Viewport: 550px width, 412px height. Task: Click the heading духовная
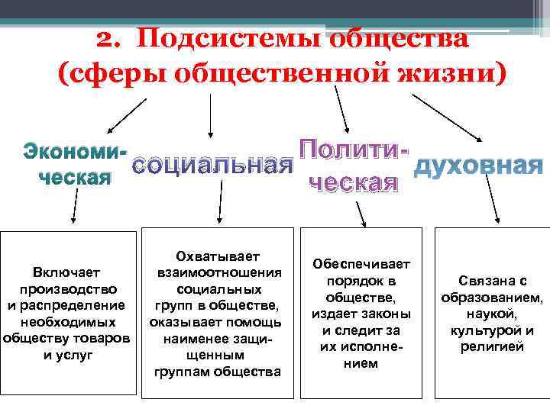point(477,165)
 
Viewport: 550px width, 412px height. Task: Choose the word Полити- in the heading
point(350,150)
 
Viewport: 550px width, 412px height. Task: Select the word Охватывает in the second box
point(218,256)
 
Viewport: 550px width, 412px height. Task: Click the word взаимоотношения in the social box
point(218,272)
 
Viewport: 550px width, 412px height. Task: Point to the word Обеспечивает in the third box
point(361,263)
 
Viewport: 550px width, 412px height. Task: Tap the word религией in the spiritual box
point(492,347)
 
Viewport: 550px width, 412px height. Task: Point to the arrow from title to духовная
point(446,117)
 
